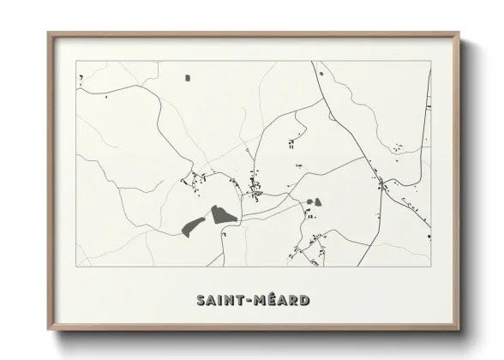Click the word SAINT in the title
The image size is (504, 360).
[219, 301]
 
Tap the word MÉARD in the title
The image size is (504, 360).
[280, 301]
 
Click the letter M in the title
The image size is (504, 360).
[257, 301]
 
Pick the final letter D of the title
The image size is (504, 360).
[305, 301]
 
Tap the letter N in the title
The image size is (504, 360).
[230, 301]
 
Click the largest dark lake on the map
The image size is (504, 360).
[223, 213]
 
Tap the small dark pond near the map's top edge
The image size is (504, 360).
[188, 78]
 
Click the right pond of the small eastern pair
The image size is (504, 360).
[318, 202]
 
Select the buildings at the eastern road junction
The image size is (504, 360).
[382, 183]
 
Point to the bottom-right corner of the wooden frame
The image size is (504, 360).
[459, 330]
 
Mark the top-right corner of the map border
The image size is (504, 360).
[430, 62]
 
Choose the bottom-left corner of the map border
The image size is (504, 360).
[77, 267]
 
